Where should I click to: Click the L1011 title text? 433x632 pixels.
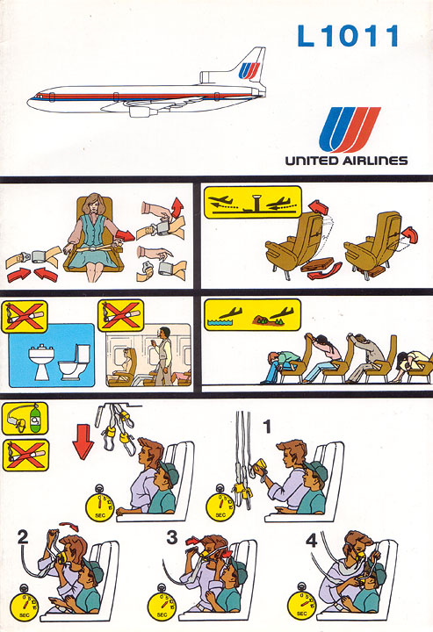point(348,35)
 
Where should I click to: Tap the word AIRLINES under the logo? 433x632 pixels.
point(375,161)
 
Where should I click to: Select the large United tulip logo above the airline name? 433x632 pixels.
point(350,129)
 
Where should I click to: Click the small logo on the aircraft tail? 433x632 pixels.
point(249,70)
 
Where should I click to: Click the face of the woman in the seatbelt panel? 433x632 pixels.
point(93,206)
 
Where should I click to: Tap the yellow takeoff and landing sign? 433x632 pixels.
point(253,202)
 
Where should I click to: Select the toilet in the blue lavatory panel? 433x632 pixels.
point(75,363)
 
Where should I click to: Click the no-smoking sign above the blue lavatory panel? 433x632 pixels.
point(25,316)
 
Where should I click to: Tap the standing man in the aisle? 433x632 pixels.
point(163,355)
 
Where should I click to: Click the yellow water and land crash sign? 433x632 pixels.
point(253,315)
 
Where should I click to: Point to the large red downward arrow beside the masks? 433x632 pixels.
point(83,442)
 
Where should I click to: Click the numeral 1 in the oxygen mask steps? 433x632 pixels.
point(267,427)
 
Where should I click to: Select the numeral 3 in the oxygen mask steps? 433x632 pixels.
point(172,538)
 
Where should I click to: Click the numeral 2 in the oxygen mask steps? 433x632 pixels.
point(24,537)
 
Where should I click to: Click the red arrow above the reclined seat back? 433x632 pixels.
point(319,207)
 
